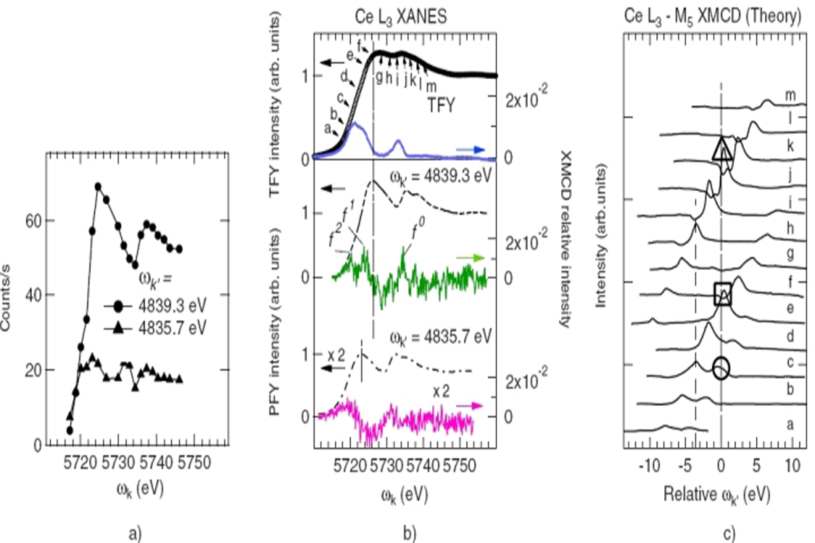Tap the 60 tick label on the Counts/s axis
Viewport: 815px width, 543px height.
(33, 221)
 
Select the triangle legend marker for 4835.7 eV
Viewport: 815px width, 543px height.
(119, 329)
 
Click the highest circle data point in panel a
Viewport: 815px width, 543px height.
(98, 186)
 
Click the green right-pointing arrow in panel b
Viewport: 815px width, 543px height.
(470, 259)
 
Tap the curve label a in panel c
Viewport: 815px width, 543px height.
(789, 425)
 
